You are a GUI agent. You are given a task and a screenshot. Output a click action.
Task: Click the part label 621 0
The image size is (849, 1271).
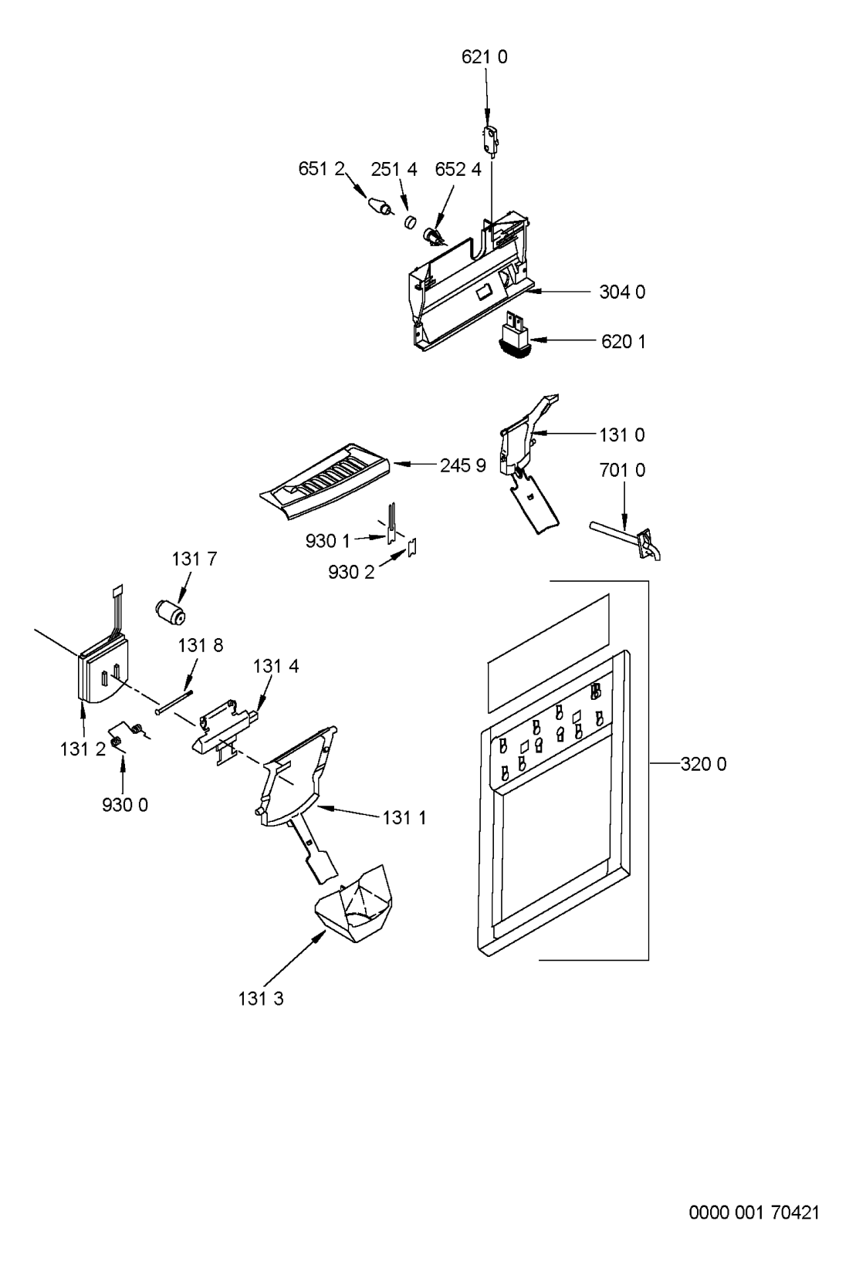tap(484, 57)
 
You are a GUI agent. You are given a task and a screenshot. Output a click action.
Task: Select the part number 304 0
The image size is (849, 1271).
tap(622, 292)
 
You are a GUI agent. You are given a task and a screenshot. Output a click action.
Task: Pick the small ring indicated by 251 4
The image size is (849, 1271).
tap(409, 221)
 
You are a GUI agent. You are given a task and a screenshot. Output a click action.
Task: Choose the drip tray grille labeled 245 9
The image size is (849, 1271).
tap(324, 480)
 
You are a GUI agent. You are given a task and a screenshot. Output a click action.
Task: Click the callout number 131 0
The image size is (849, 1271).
tap(622, 434)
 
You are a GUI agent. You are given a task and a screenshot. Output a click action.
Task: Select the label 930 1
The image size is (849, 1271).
tap(327, 541)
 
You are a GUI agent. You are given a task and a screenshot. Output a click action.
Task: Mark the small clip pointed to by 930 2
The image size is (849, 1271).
tap(413, 547)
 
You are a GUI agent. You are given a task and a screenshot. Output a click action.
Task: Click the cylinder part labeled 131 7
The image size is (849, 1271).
tap(171, 613)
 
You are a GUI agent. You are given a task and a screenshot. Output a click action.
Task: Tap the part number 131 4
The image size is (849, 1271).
tap(276, 665)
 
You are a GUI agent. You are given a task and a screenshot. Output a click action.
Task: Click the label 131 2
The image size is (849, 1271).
tap(83, 749)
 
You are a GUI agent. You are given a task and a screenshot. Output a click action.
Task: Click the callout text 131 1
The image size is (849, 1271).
tap(404, 818)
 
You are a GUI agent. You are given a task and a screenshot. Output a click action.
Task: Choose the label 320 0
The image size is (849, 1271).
tap(703, 764)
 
